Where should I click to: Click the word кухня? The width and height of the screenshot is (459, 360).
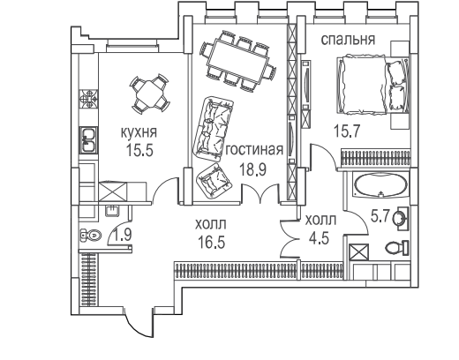[x=139, y=132]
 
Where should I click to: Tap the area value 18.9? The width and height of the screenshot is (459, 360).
[x=253, y=169]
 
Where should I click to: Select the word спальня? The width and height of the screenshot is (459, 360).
[x=348, y=40]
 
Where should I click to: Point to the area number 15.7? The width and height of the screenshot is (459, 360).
[x=347, y=131]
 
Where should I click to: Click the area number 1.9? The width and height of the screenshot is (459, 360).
[x=123, y=235]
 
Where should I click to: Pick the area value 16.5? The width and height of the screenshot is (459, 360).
[x=211, y=243]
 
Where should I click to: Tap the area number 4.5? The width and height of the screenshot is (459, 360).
[x=319, y=238]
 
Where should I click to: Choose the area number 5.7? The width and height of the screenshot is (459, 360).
[x=380, y=217]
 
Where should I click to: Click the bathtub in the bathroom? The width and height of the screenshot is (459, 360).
[x=381, y=185]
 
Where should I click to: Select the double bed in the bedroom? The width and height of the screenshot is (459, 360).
[x=372, y=85]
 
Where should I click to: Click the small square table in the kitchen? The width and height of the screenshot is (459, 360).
[x=150, y=94]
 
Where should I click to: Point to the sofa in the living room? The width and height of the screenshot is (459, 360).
[x=214, y=129]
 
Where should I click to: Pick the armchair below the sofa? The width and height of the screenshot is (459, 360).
[x=214, y=181]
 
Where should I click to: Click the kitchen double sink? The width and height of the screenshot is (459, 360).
[x=87, y=140]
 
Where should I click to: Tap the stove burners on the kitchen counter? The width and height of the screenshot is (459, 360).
[x=88, y=99]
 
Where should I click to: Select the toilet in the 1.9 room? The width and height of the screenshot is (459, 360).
[x=91, y=235]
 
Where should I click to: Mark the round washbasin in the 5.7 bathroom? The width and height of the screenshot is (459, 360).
[x=400, y=218]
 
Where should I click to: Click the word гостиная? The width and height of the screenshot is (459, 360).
[x=254, y=150]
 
